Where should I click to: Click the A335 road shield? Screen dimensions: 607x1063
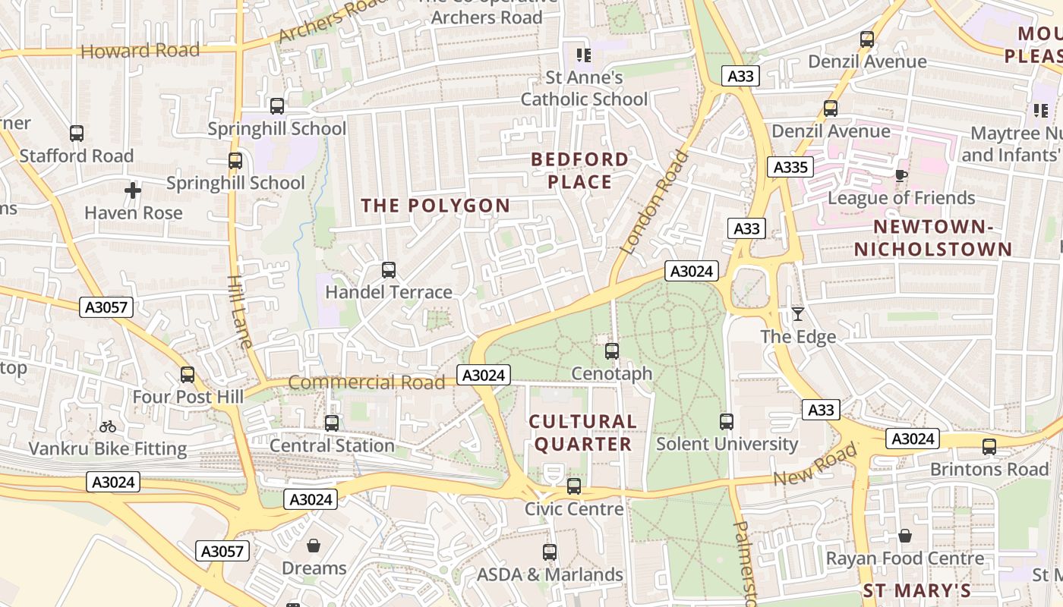[x=790, y=167]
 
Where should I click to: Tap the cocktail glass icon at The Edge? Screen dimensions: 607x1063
[x=797, y=313]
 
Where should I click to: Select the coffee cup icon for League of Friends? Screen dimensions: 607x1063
[x=901, y=175]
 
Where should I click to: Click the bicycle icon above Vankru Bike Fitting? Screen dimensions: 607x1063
[x=108, y=426]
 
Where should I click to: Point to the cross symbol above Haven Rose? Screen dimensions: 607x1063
[x=133, y=190]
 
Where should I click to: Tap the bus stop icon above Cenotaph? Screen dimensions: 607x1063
[x=611, y=351]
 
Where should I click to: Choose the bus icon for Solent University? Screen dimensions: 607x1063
[x=727, y=421]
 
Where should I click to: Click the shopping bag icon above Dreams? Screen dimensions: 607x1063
[x=314, y=546]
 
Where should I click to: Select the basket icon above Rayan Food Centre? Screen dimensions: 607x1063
[x=904, y=536]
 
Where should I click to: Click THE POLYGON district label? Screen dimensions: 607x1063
[x=436, y=206]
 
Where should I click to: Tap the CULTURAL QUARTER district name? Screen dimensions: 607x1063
[x=582, y=433]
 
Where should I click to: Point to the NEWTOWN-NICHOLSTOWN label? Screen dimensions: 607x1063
[x=933, y=238]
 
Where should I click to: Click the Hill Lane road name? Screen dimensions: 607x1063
[x=239, y=311]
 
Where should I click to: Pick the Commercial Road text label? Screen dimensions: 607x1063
[x=367, y=382]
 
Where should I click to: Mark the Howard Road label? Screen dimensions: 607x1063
[x=140, y=51]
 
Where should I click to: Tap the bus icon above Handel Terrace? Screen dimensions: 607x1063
[x=389, y=269]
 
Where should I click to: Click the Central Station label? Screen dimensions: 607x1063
[x=332, y=445]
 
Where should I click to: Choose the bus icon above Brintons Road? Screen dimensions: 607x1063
[x=989, y=447]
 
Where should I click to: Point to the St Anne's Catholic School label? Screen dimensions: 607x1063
[x=584, y=88]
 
